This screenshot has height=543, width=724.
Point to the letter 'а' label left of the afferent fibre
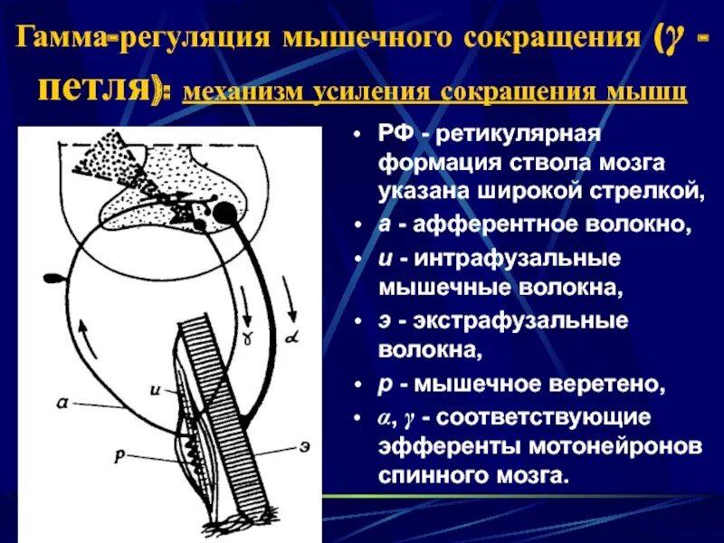61,405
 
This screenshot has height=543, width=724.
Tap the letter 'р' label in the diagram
119,457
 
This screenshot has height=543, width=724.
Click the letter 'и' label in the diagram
156,391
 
